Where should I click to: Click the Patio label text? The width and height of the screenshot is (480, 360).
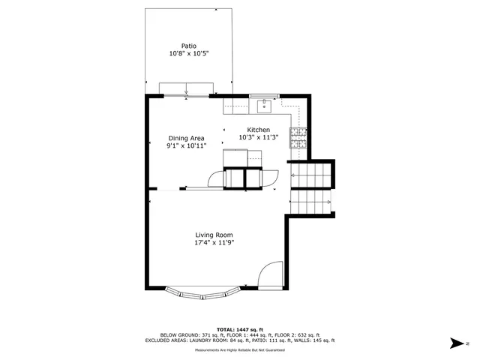188,45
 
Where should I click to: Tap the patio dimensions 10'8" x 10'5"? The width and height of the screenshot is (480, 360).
188,54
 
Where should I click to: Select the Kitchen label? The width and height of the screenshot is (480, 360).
258,130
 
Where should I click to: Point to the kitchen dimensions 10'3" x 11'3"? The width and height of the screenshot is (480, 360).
258,138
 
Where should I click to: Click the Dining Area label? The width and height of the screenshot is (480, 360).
186,138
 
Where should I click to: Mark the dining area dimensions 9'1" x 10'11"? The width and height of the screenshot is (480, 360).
186,146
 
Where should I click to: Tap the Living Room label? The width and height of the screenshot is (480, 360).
214,235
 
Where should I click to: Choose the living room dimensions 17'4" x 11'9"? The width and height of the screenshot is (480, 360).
214,243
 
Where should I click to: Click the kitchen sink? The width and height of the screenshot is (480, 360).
264,106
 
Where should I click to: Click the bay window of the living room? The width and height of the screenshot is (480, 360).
202,293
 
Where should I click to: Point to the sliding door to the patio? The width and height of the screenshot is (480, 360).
186,95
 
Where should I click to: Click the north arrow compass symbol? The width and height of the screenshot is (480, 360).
457,343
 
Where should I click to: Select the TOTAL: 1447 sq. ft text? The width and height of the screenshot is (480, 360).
239,329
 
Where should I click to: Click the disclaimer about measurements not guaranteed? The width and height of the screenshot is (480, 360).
239,349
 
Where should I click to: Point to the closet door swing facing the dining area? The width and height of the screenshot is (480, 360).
216,178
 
